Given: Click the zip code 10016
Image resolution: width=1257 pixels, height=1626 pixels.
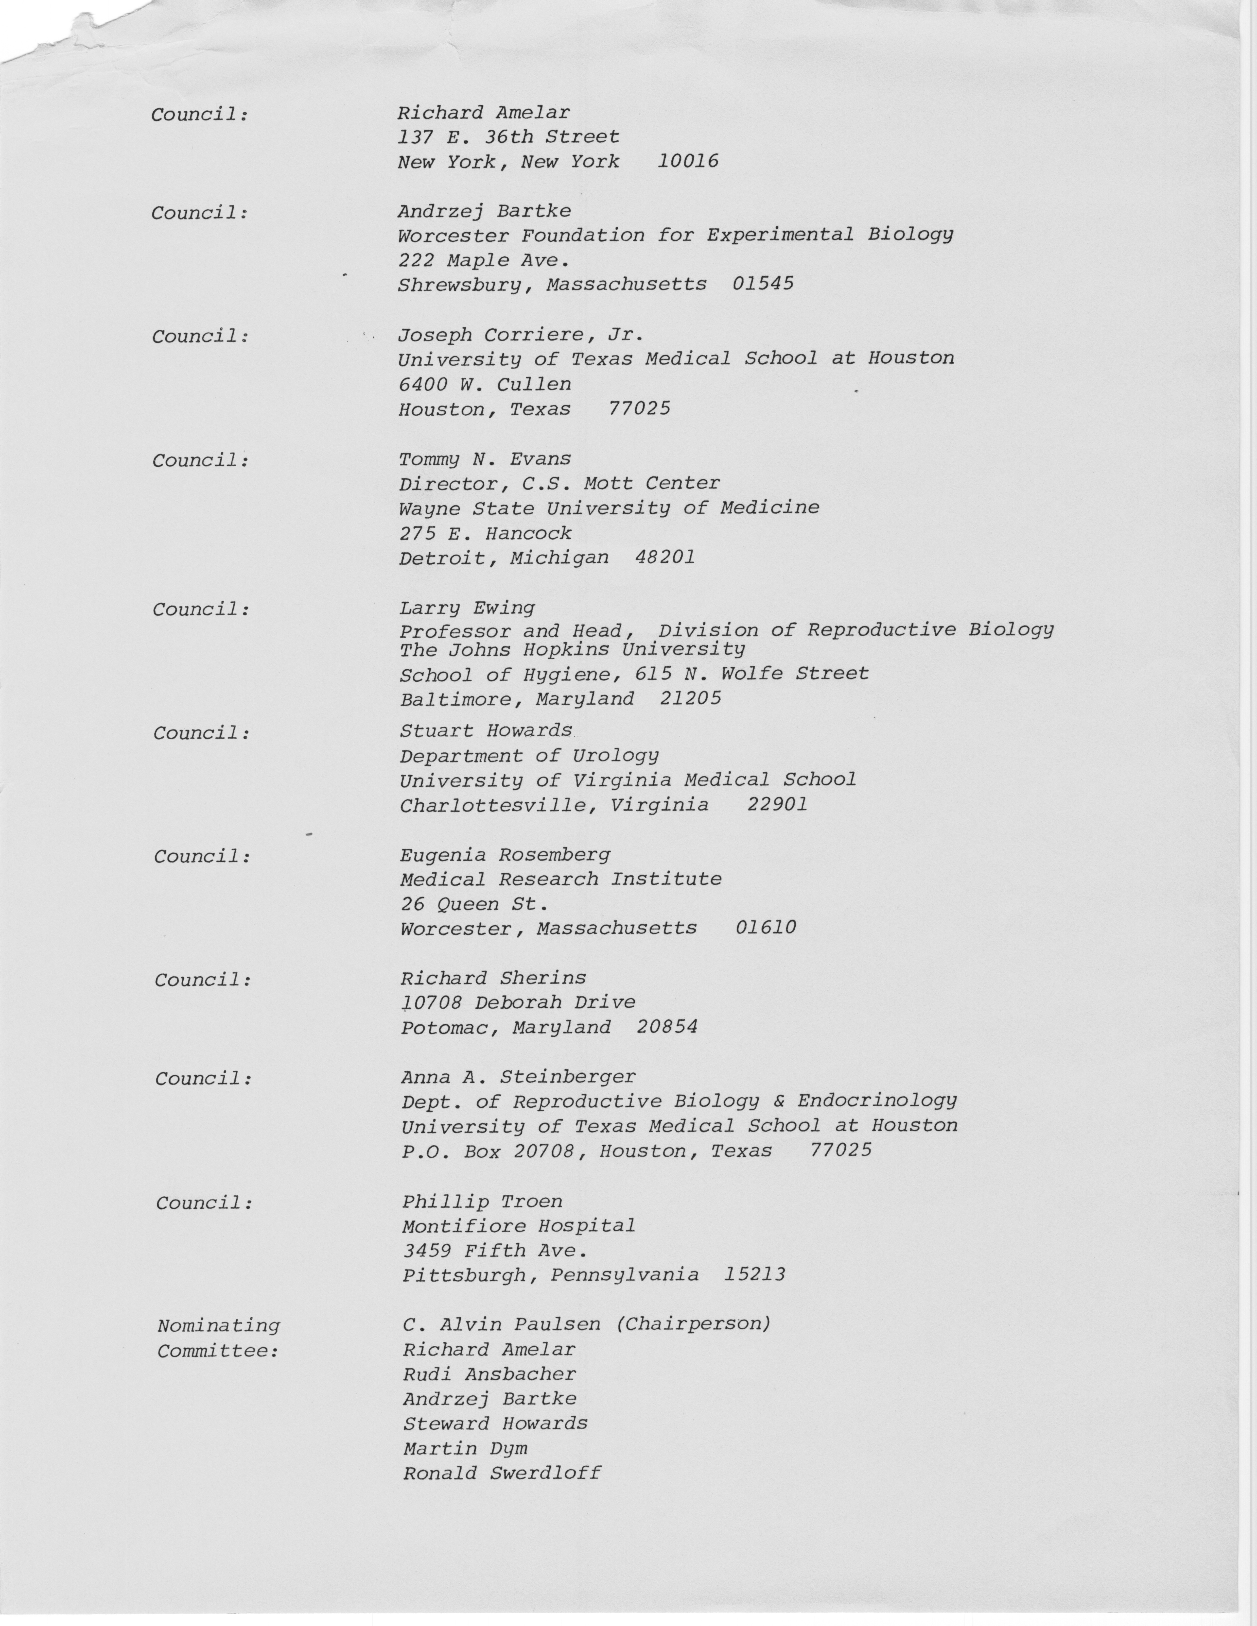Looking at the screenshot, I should [x=688, y=161].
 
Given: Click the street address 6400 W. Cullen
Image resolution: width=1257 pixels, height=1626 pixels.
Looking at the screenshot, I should [x=485, y=384].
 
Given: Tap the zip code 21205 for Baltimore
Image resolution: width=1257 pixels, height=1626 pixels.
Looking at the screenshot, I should [x=690, y=699].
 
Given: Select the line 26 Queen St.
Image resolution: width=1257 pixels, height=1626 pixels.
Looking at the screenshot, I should [x=474, y=905].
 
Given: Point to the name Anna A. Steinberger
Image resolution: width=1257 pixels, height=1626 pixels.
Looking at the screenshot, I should [x=518, y=1077].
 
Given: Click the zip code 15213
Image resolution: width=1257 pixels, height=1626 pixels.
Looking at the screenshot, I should [x=754, y=1275].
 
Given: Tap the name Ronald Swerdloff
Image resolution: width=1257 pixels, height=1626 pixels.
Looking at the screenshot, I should [x=501, y=1473].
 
